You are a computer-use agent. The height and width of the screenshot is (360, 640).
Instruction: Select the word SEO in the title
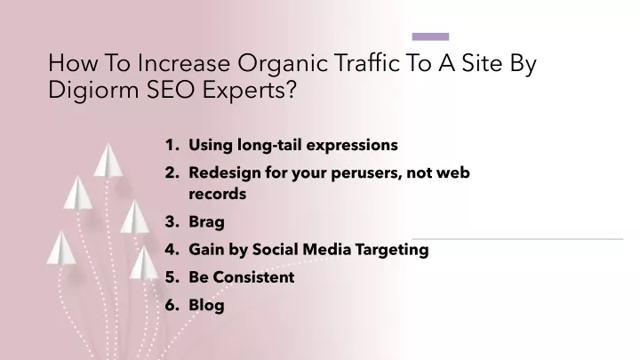(x=171, y=90)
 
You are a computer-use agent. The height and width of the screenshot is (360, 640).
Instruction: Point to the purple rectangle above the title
(x=430, y=36)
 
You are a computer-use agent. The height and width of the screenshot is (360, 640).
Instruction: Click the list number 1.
(x=172, y=145)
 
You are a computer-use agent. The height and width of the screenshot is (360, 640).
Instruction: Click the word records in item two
(x=217, y=194)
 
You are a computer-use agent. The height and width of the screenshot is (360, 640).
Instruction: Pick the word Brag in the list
(x=206, y=222)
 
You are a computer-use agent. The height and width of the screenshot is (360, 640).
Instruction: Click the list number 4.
(x=172, y=250)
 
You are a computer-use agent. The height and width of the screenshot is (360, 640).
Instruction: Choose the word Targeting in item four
(x=392, y=250)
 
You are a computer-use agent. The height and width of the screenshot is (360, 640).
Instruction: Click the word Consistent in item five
(x=253, y=277)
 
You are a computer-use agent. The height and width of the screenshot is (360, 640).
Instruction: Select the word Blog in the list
(x=206, y=306)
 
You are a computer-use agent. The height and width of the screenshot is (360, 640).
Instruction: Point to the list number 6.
(x=172, y=305)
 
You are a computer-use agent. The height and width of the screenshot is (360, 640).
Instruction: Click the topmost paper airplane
(x=108, y=161)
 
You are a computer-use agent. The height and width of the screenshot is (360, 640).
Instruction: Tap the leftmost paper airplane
(x=61, y=248)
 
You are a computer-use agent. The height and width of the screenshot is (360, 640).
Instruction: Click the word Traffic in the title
(x=367, y=63)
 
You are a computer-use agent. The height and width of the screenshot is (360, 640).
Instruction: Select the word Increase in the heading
(x=184, y=63)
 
